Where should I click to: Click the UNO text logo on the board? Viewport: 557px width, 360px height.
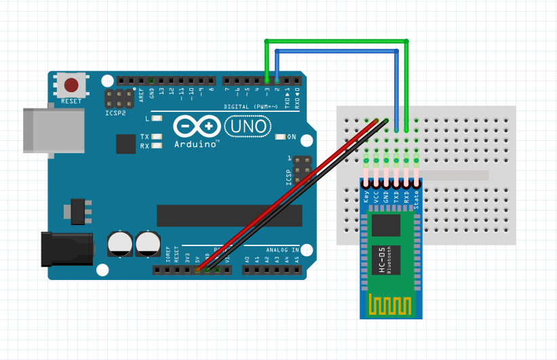248,126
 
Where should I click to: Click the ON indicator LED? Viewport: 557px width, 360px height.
281,137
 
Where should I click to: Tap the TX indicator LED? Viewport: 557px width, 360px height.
157,137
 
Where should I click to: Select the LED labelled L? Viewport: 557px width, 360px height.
157,119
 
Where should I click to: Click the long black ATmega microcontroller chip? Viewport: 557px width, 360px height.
229,216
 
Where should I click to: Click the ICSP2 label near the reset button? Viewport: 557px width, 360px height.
115,113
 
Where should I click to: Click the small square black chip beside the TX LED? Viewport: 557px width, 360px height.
126,144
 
